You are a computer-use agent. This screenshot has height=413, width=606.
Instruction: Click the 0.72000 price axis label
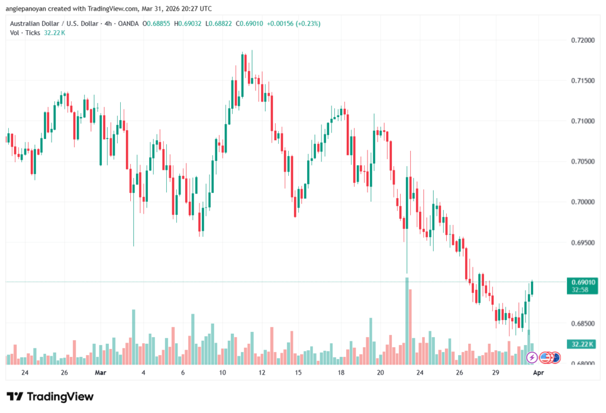tap(582, 40)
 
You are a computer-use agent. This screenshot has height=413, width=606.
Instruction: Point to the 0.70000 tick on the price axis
tap(582, 202)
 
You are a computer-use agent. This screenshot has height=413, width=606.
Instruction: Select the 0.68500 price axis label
tap(582, 324)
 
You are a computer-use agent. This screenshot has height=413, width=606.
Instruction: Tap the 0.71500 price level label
tap(582, 80)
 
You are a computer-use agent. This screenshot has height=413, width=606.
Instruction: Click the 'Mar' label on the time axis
tap(101, 373)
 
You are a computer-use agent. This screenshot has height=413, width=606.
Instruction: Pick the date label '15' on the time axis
tap(298, 373)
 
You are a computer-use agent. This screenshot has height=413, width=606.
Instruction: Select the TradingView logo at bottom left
tap(50, 396)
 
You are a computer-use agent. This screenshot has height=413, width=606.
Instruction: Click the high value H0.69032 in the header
tap(187, 24)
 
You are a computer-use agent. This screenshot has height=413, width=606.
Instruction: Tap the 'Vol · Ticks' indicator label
tap(24, 33)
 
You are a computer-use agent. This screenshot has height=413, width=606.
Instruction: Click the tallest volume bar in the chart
tap(407, 320)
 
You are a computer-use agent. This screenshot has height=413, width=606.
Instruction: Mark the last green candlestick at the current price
tap(533, 288)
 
